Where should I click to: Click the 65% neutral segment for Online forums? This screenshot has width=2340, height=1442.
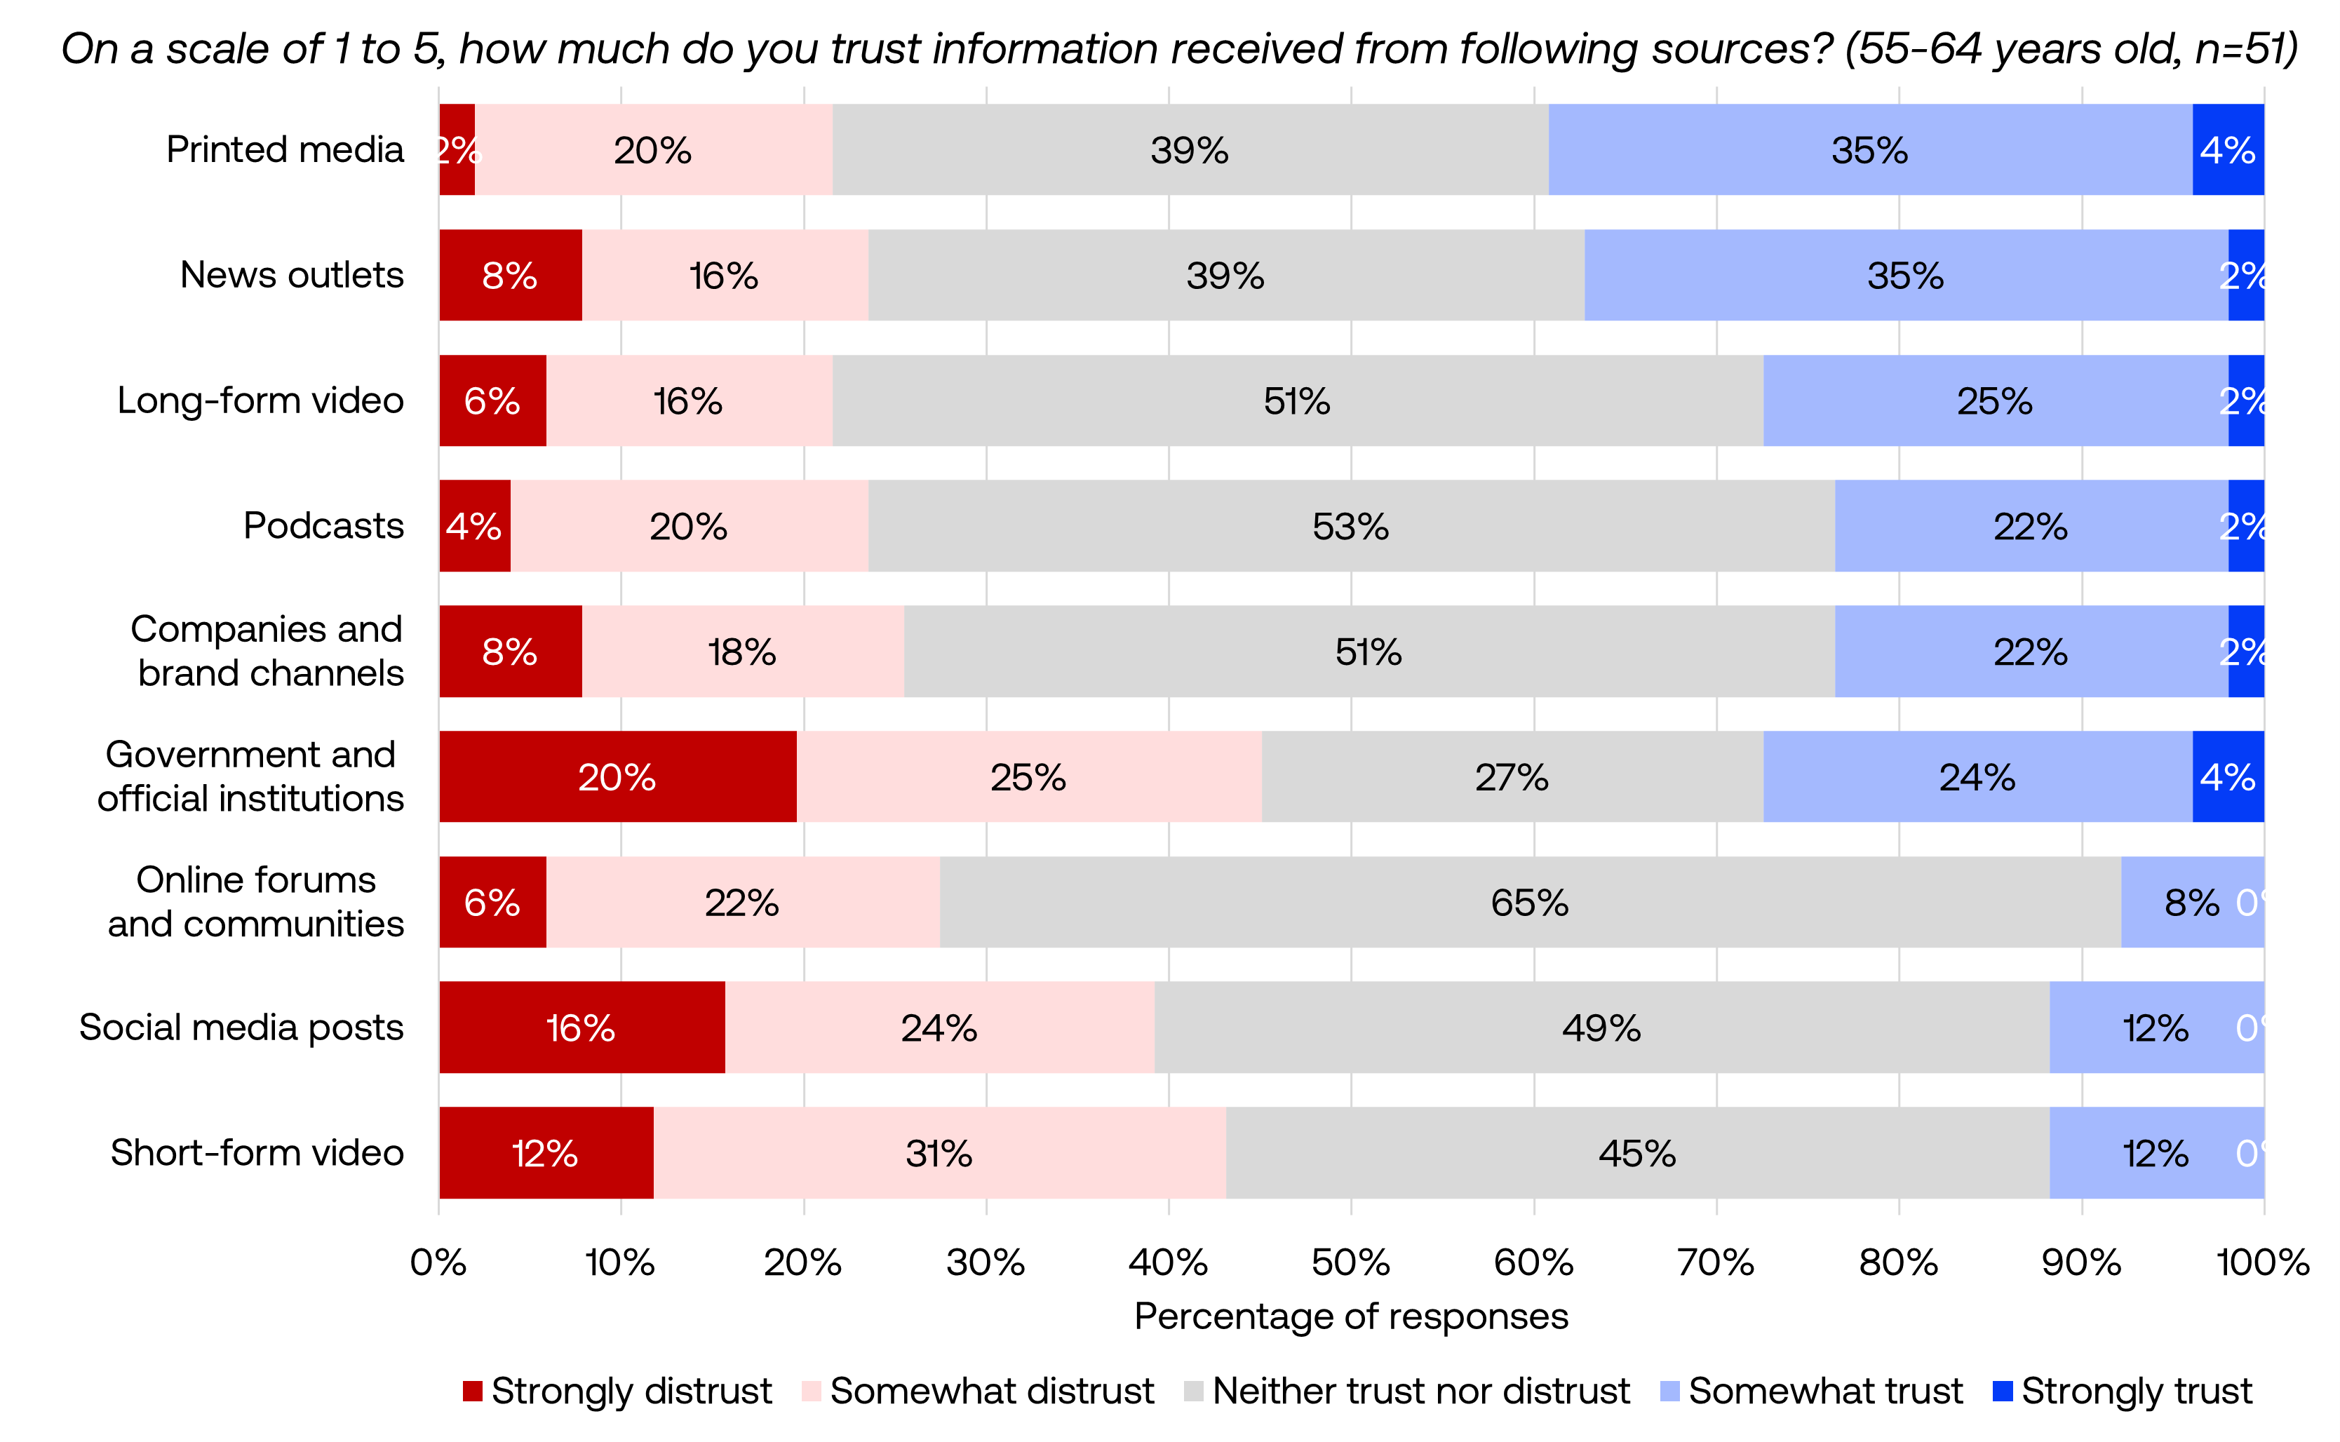(1529, 902)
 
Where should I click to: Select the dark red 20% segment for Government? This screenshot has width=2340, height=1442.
(617, 776)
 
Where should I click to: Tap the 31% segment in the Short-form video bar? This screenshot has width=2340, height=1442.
(939, 1153)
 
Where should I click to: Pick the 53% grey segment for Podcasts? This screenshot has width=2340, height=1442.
(1350, 525)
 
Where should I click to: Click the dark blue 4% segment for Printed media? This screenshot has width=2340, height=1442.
(2228, 149)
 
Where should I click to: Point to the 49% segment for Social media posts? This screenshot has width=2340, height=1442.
(1601, 1027)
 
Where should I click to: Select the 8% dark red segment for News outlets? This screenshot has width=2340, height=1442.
(510, 275)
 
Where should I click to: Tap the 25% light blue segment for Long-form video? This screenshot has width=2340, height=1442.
(1995, 400)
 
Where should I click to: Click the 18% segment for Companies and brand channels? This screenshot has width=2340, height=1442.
(742, 652)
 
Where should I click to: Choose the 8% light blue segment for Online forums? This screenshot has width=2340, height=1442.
(2191, 902)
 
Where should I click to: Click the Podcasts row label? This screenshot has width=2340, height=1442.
(323, 525)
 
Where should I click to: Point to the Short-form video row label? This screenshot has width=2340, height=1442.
(257, 1152)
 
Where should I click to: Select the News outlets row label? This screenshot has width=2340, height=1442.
(291, 275)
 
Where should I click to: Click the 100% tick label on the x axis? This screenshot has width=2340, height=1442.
(2262, 1262)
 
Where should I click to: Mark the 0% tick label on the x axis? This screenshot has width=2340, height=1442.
(438, 1262)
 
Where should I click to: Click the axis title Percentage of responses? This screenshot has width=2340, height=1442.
(1350, 1316)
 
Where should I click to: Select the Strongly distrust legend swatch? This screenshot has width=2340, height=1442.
(472, 1391)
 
